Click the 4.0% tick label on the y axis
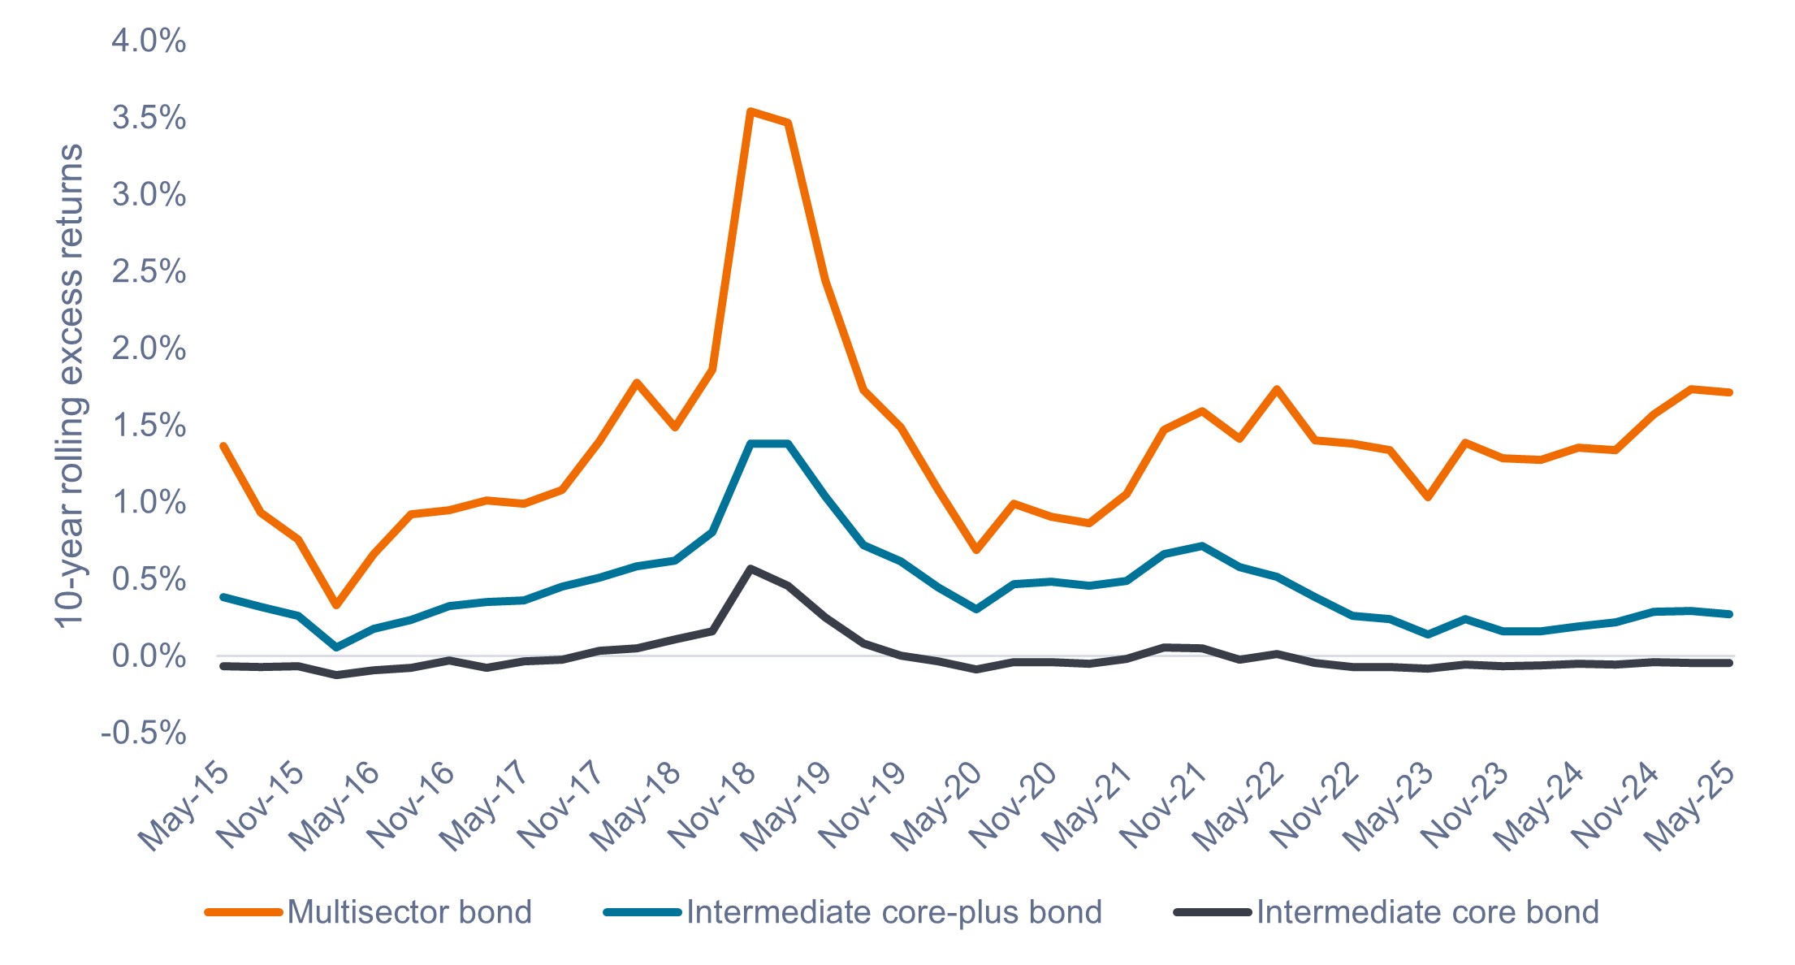point(149,41)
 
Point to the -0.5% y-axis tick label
point(144,733)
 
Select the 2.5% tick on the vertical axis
point(149,271)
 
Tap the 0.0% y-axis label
point(149,656)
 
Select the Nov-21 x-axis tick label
point(1164,806)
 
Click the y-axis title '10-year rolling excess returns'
point(70,386)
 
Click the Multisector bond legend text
point(409,912)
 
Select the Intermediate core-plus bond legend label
point(894,912)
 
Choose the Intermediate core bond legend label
point(1428,912)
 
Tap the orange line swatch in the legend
point(243,912)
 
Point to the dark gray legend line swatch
point(1212,912)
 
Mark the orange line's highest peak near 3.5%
point(750,111)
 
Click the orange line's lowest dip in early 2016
point(336,605)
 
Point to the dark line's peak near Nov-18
point(750,569)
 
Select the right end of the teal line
point(1729,614)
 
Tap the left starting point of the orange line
point(223,446)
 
